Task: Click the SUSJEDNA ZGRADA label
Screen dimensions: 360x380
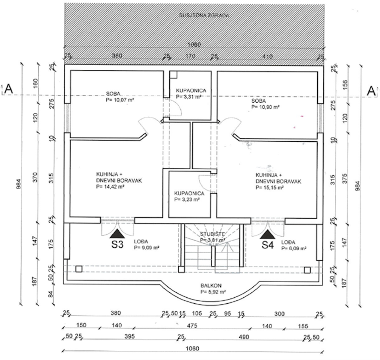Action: (204, 16)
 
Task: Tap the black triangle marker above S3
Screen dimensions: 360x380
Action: (118, 234)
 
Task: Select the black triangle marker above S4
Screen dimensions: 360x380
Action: (267, 234)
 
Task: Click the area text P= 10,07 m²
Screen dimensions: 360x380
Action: (120, 100)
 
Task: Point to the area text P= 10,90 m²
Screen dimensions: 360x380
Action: (265, 107)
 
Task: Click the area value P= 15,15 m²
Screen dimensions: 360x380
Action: (270, 188)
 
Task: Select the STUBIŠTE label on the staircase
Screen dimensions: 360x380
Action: (213, 234)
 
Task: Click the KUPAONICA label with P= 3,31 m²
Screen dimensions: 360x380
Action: (191, 90)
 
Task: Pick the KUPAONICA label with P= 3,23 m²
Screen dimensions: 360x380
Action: (189, 194)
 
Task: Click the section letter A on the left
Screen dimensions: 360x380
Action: (9, 89)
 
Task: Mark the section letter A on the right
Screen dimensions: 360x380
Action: (371, 90)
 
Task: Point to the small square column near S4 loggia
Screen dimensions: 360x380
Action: (307, 270)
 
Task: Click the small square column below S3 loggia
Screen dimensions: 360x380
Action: (79, 269)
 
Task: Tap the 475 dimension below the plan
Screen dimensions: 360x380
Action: (191, 326)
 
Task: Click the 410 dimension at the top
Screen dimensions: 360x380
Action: (267, 56)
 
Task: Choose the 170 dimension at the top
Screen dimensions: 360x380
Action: (190, 56)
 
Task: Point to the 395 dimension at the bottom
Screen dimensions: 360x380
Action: (129, 337)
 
